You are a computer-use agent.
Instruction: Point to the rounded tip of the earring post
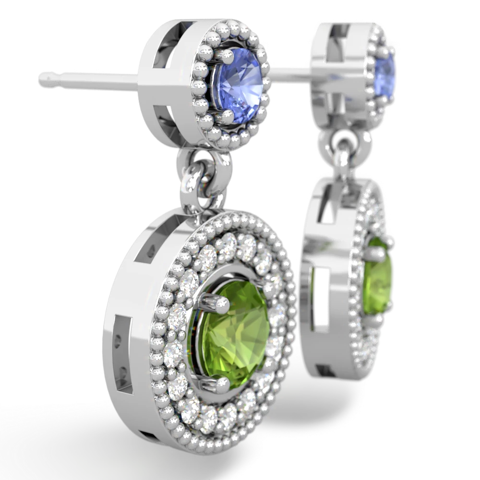click(45, 76)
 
